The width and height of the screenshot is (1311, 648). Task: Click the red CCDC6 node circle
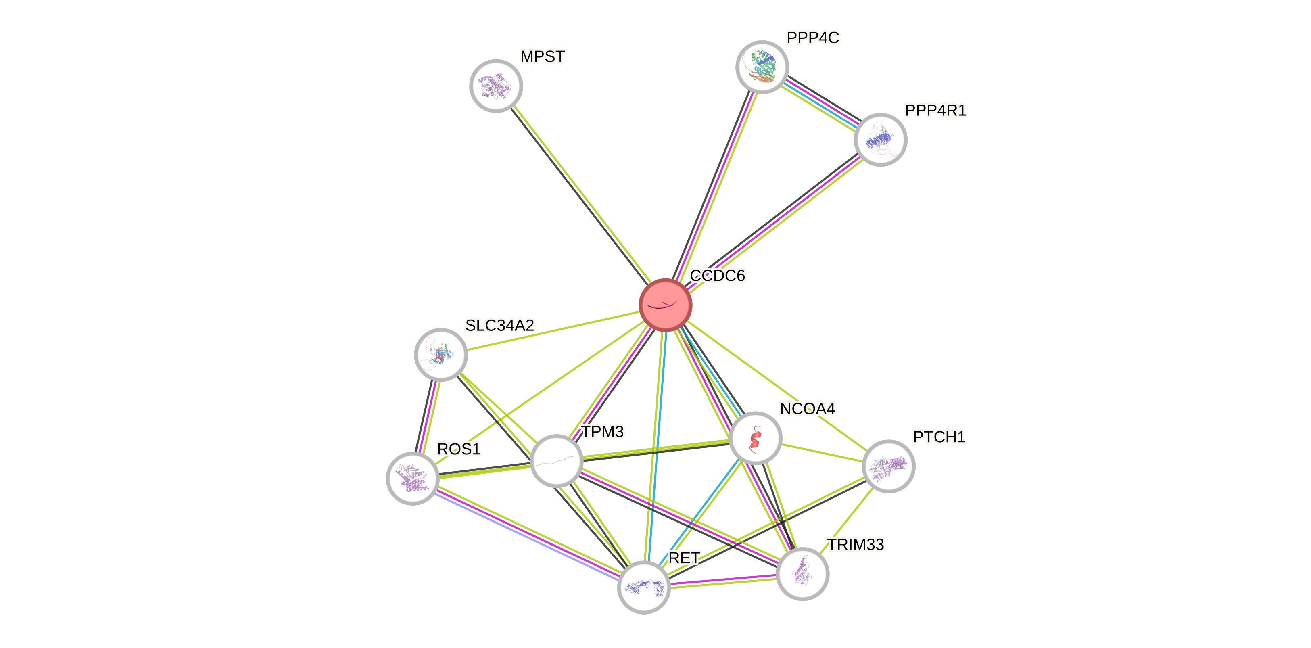pyautogui.click(x=665, y=305)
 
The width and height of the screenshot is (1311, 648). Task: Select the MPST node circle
pyautogui.click(x=496, y=86)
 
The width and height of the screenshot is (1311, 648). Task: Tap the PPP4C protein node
pyautogui.click(x=762, y=67)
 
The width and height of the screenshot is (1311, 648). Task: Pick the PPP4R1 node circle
pyautogui.click(x=880, y=140)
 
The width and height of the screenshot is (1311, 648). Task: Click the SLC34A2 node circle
pyautogui.click(x=441, y=354)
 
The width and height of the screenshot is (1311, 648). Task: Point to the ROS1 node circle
pyautogui.click(x=413, y=478)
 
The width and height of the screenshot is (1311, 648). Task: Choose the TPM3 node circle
pyautogui.click(x=556, y=461)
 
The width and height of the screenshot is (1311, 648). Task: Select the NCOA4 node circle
pyautogui.click(x=755, y=438)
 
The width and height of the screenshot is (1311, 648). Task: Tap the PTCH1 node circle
pyautogui.click(x=889, y=466)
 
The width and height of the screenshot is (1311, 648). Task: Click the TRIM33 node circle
pyautogui.click(x=803, y=574)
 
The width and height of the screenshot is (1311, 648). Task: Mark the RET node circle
pyautogui.click(x=644, y=587)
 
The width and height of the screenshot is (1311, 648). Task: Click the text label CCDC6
pyautogui.click(x=717, y=276)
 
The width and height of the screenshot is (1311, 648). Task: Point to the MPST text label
pyautogui.click(x=543, y=56)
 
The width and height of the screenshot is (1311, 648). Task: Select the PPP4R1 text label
pyautogui.click(x=935, y=111)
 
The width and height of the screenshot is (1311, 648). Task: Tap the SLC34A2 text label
pyautogui.click(x=499, y=325)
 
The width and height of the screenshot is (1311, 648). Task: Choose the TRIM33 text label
pyautogui.click(x=856, y=545)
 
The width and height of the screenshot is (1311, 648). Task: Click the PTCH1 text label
pyautogui.click(x=939, y=437)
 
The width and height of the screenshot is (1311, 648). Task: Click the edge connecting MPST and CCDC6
pyautogui.click(x=580, y=195)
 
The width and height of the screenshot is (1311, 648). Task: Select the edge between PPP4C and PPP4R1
pyautogui.click(x=821, y=103)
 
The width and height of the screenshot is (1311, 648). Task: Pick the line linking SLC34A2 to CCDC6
pyautogui.click(x=553, y=330)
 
